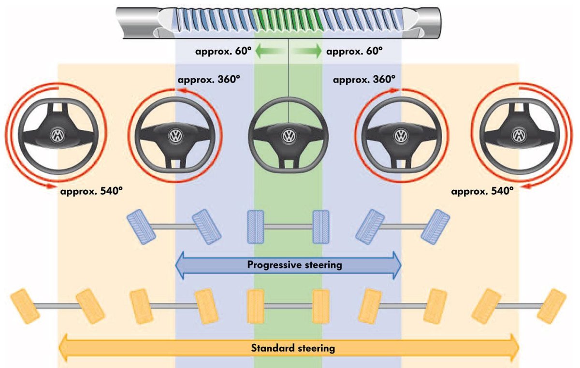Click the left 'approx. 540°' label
[91, 191]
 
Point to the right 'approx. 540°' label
[482, 191]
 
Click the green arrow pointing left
[265, 50]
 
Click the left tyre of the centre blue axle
[256, 226]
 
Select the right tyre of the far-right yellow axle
[552, 306]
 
